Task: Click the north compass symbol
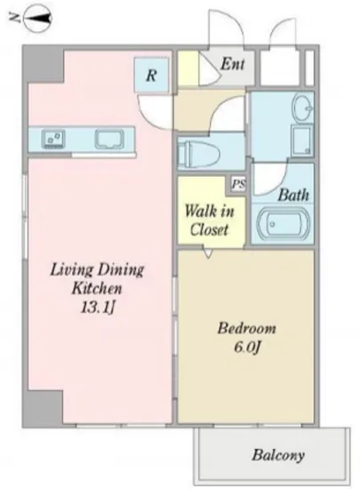pyautogui.click(x=38, y=19)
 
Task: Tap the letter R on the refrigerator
pyautogui.click(x=151, y=75)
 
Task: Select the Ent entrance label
pyautogui.click(x=233, y=64)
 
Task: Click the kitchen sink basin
pyautogui.click(x=110, y=139)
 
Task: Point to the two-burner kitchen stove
pyautogui.click(x=53, y=139)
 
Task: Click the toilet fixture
pyautogui.click(x=198, y=153)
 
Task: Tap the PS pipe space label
pyautogui.click(x=238, y=184)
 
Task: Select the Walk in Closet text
pyautogui.click(x=209, y=220)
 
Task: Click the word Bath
pyautogui.click(x=293, y=195)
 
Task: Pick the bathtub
pyautogui.click(x=283, y=223)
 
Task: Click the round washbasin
pyautogui.click(x=301, y=107)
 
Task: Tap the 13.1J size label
pyautogui.click(x=98, y=308)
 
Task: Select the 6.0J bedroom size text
pyautogui.click(x=246, y=347)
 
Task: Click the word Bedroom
pyautogui.click(x=246, y=328)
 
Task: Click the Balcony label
pyautogui.click(x=278, y=455)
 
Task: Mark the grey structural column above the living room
pyautogui.click(x=44, y=65)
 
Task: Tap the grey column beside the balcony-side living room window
pyautogui.click(x=44, y=408)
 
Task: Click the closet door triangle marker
pyautogui.click(x=208, y=253)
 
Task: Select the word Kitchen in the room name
pyautogui.click(x=97, y=288)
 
